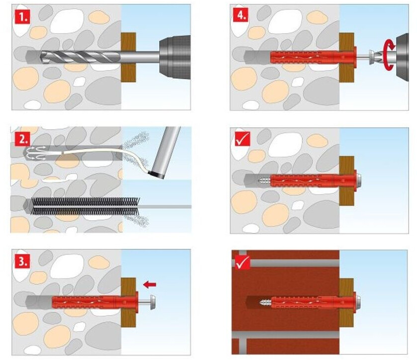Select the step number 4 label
coord(241,15)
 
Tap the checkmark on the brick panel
coord(242,262)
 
